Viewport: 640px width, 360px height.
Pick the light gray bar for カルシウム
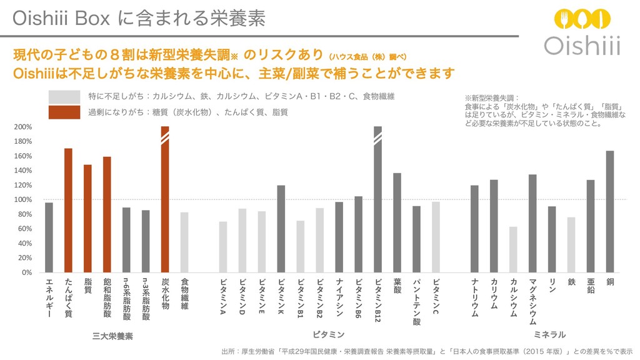513,249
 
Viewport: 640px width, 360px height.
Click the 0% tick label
26,272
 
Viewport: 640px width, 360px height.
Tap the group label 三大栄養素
112,336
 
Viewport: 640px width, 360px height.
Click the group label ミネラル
550,334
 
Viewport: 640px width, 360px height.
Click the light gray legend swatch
64,97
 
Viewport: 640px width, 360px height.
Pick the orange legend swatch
64,112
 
